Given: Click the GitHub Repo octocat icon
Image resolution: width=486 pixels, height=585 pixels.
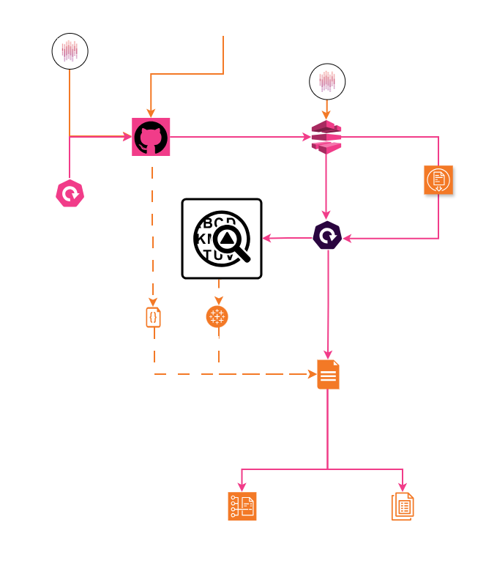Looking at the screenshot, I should pos(151,136).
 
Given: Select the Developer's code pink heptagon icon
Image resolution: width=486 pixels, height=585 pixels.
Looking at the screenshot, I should pos(71,194).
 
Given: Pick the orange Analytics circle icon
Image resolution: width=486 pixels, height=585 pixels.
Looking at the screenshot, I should pos(217,316).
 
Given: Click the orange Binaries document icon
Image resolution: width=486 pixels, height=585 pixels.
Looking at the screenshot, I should pos(439,179).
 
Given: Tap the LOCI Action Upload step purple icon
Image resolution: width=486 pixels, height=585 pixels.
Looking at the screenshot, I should pos(326,236).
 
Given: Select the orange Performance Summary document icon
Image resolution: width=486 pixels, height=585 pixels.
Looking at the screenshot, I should pos(327,374).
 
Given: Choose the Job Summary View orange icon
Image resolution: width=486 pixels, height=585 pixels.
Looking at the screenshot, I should pos(403,506).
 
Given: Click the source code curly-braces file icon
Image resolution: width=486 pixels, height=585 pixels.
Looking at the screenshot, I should pos(153,318).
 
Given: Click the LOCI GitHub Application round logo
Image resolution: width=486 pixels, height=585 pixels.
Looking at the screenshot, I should pos(71,52).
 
